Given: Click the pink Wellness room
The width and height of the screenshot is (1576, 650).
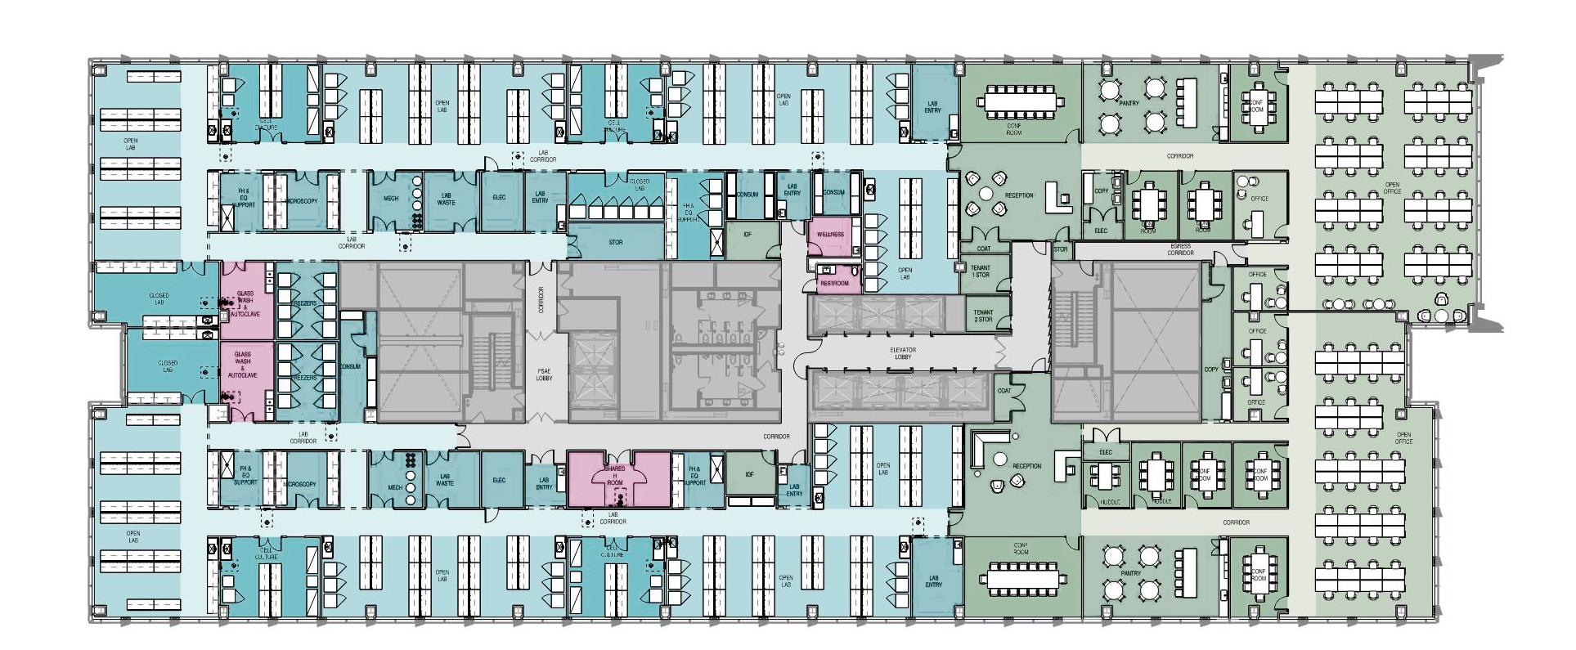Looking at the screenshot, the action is click(830, 235).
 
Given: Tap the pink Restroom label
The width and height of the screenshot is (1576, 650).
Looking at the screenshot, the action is click(834, 284).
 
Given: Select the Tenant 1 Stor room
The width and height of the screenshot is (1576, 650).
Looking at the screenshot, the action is click(980, 271).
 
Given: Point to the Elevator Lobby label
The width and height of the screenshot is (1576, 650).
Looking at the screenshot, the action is click(903, 353).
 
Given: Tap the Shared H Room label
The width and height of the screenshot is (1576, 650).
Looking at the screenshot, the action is click(613, 476).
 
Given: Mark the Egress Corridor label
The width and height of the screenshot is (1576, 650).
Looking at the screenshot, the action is click(1180, 249).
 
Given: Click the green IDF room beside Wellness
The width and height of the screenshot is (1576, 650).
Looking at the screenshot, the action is click(747, 235).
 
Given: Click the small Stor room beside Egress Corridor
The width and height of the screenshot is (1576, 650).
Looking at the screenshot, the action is click(1061, 249).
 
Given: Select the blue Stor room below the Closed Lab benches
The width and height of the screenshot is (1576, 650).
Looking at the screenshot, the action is click(616, 242).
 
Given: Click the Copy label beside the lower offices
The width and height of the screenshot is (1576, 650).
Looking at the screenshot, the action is click(1211, 369).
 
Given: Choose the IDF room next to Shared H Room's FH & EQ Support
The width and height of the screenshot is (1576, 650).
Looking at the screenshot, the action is click(750, 475).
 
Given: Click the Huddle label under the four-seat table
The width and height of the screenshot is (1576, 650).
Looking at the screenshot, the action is click(1109, 501).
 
